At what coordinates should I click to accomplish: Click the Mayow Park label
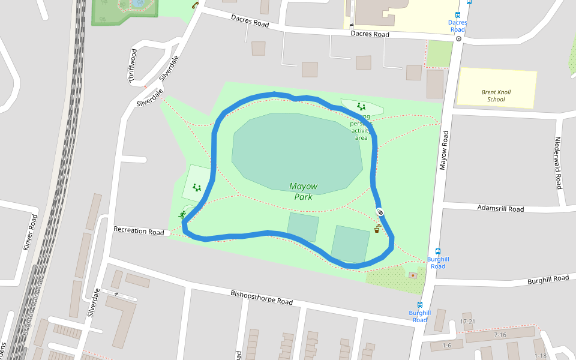303,191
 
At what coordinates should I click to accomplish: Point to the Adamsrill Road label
500,209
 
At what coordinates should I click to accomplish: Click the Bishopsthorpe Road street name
262,298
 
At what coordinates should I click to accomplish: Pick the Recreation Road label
139,231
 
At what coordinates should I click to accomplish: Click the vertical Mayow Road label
444,150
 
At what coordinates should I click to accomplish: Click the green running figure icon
182,215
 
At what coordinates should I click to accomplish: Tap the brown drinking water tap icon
377,229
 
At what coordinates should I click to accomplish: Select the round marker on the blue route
380,212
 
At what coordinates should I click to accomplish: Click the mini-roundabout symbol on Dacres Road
458,38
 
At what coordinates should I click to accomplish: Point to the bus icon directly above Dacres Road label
458,15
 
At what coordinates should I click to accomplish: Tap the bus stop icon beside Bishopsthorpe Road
419,304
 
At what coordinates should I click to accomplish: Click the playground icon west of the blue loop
197,188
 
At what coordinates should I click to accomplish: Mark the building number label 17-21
467,322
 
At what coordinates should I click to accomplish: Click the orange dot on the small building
413,275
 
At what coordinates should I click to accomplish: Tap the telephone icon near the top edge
195,5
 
